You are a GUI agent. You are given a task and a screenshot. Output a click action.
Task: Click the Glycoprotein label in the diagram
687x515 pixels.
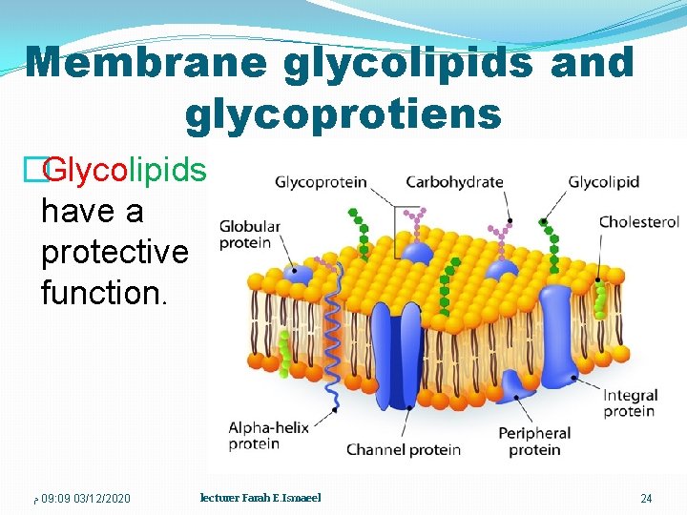click(x=321, y=182)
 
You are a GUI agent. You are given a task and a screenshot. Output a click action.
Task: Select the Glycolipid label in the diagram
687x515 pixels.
click(x=603, y=182)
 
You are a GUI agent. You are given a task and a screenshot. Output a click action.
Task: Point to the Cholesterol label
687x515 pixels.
click(x=638, y=222)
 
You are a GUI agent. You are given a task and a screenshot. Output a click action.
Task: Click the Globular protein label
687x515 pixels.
click(x=249, y=235)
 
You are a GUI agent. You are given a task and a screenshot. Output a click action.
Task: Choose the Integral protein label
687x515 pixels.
click(x=630, y=403)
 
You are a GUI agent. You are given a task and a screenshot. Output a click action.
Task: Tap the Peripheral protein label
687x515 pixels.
click(x=534, y=442)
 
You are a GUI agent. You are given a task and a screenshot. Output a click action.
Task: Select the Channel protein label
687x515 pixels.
click(x=405, y=449)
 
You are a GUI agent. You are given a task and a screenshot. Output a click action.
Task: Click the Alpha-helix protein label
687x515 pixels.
click(x=268, y=435)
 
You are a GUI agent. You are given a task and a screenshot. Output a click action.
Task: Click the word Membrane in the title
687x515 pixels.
click(x=146, y=63)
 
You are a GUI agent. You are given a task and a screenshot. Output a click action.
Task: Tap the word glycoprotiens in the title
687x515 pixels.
click(x=343, y=113)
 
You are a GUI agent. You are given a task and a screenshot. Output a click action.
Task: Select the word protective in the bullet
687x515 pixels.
click(x=114, y=252)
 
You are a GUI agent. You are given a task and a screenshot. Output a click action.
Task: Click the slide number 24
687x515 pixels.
click(x=646, y=499)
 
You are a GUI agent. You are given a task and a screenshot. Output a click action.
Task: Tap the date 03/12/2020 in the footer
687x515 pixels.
click(x=102, y=499)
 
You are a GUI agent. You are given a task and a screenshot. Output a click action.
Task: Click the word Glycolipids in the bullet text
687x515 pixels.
click(x=124, y=170)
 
